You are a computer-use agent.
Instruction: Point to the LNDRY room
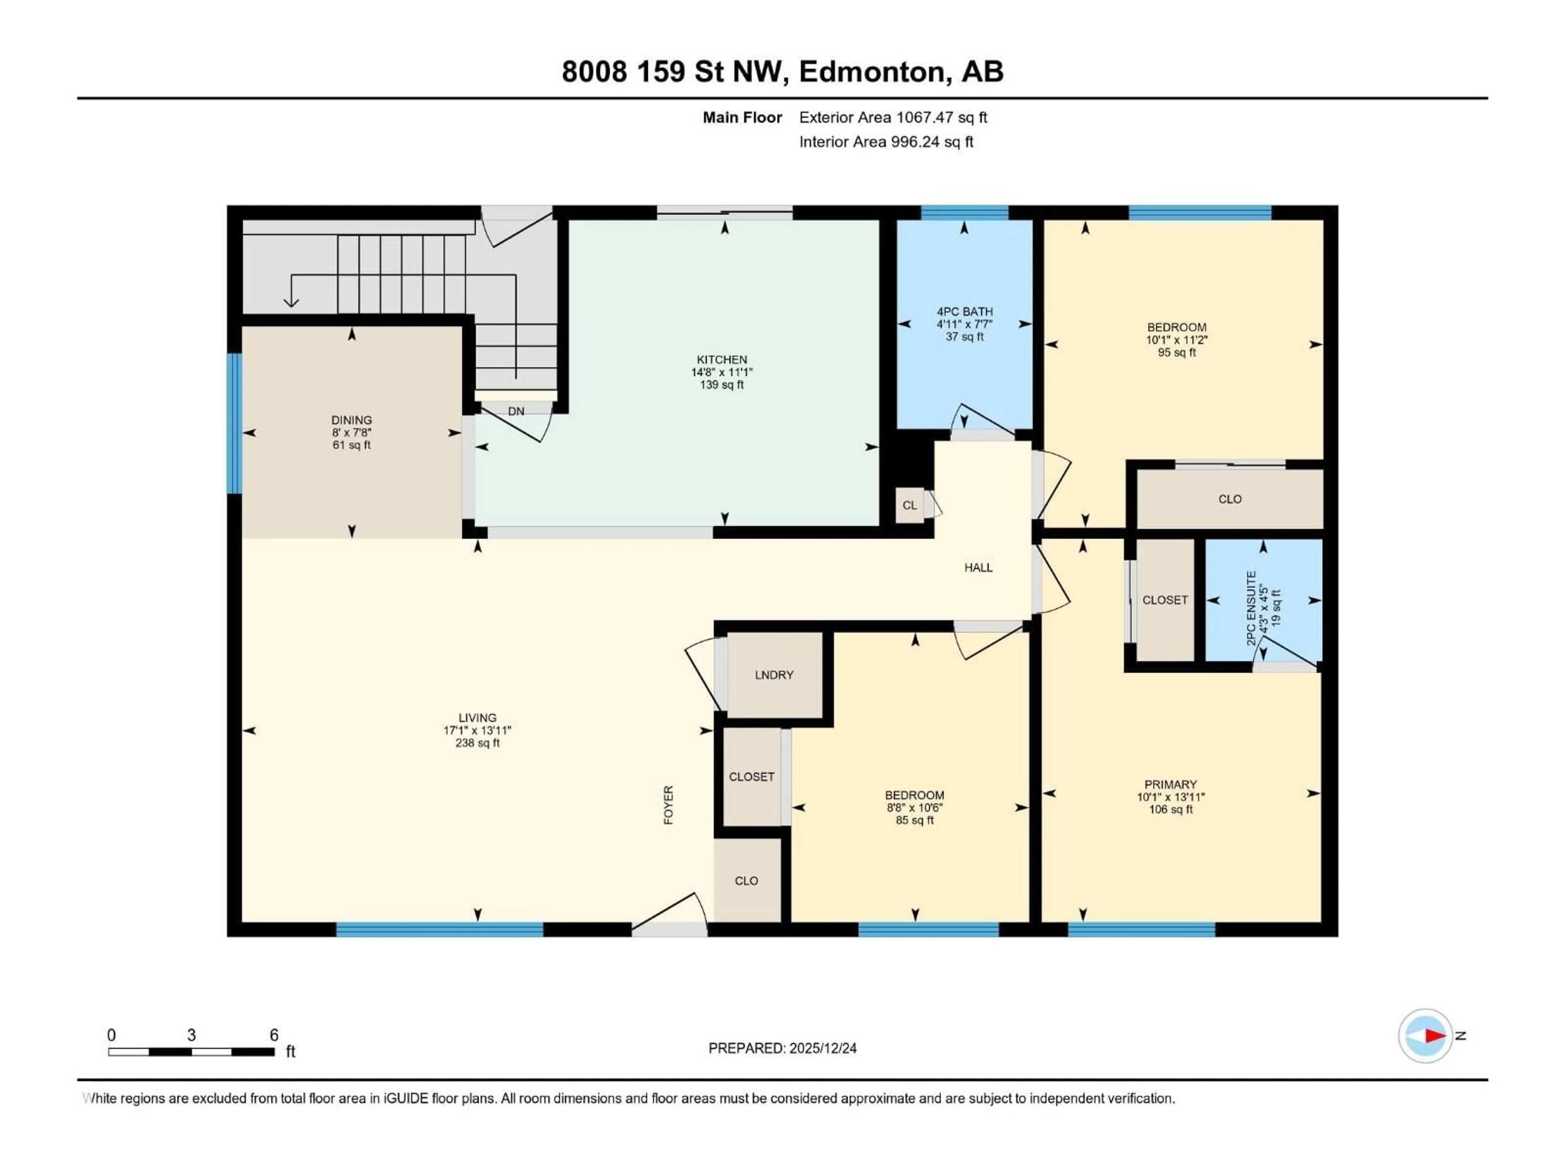click(x=774, y=675)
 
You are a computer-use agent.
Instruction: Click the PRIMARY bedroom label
click(x=1170, y=784)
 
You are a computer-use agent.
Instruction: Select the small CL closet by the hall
click(x=910, y=505)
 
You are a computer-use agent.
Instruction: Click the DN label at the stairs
click(x=516, y=411)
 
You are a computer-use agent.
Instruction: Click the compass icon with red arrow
click(x=1425, y=1035)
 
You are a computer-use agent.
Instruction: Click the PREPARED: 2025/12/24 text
click(x=782, y=1048)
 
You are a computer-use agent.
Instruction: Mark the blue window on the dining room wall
click(x=234, y=423)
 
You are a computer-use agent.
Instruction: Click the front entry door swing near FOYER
click(x=669, y=913)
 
